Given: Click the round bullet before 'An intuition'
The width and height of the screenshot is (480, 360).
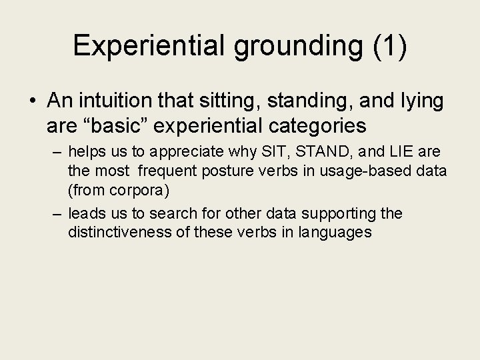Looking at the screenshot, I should (x=33, y=101).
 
